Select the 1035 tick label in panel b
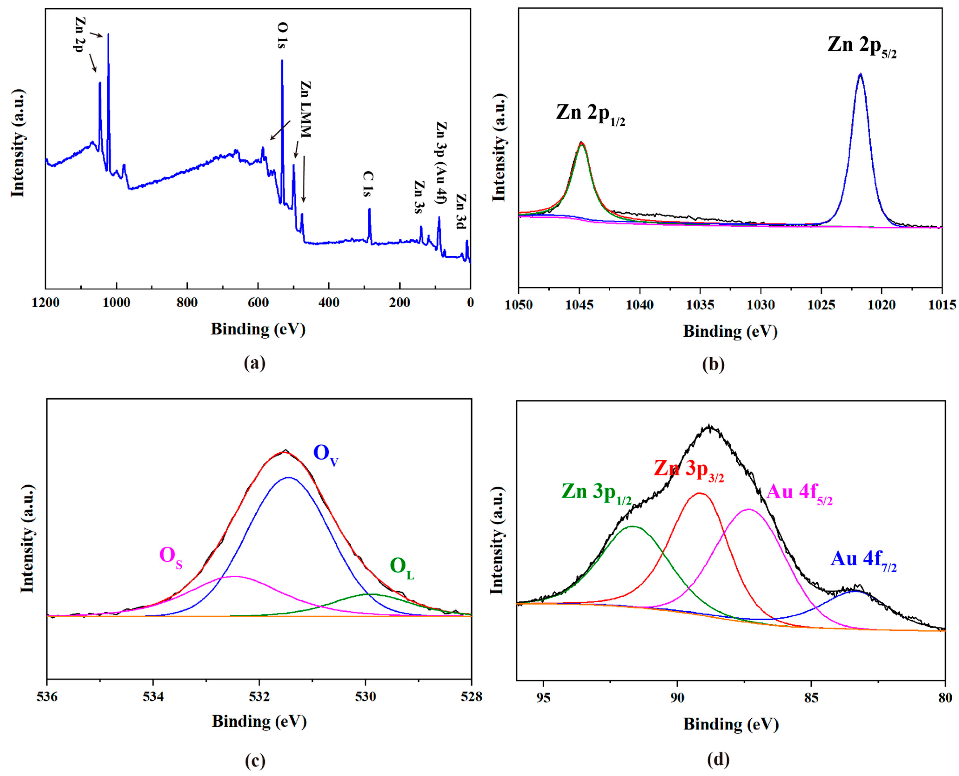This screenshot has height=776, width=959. (700, 305)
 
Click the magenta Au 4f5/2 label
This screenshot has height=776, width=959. (799, 494)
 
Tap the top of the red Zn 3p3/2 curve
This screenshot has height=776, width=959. (700, 494)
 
